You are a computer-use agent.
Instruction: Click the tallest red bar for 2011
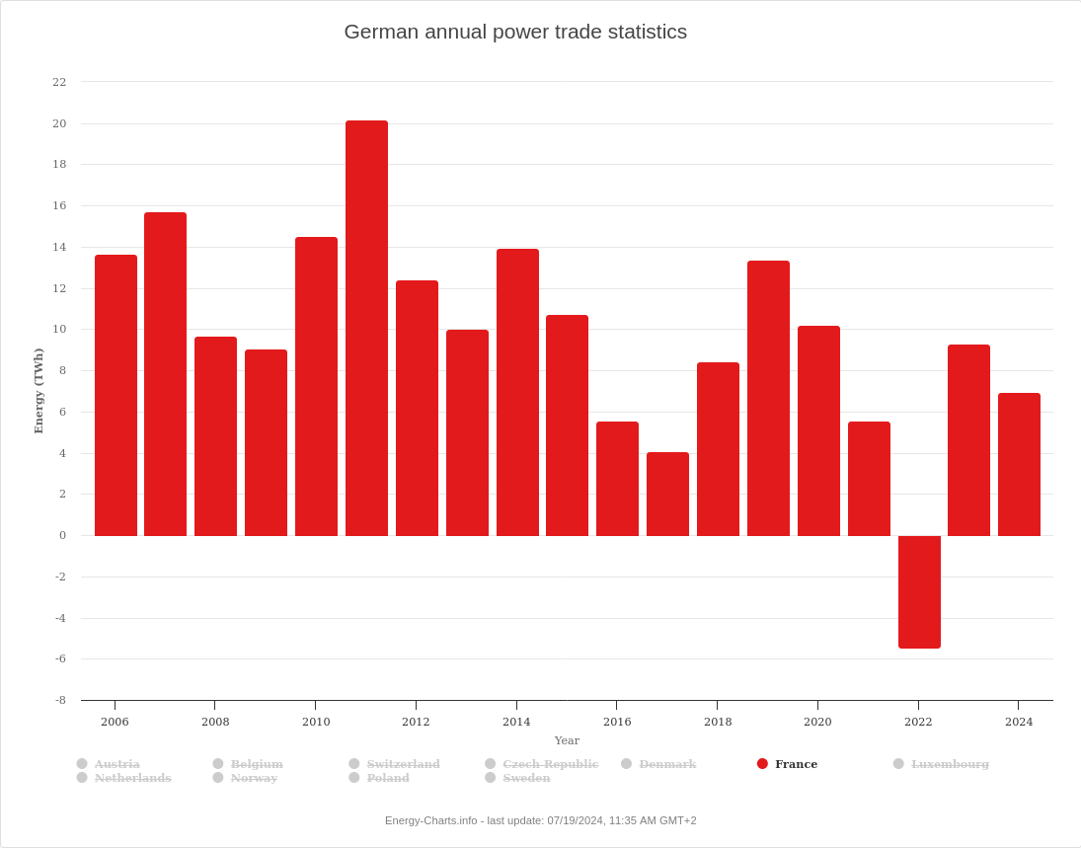click(x=366, y=328)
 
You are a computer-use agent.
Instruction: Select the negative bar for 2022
click(x=919, y=592)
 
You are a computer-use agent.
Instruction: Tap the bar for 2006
click(x=116, y=395)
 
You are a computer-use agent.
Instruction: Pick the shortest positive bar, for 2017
click(x=667, y=494)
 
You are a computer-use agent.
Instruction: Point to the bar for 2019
click(x=768, y=398)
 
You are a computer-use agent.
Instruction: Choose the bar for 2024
click(x=1019, y=464)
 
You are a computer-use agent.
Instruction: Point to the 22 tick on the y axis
click(x=59, y=82)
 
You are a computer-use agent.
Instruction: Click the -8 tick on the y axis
click(x=60, y=700)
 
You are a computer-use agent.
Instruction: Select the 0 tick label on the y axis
click(x=62, y=535)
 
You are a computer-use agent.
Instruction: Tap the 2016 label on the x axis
click(x=617, y=722)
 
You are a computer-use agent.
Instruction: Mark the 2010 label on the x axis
click(x=316, y=722)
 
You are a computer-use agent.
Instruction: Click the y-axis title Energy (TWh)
click(x=39, y=391)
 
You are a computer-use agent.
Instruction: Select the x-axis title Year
click(x=567, y=740)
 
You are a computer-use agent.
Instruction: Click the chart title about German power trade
click(x=515, y=32)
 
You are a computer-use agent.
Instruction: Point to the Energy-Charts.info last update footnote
click(x=540, y=820)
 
